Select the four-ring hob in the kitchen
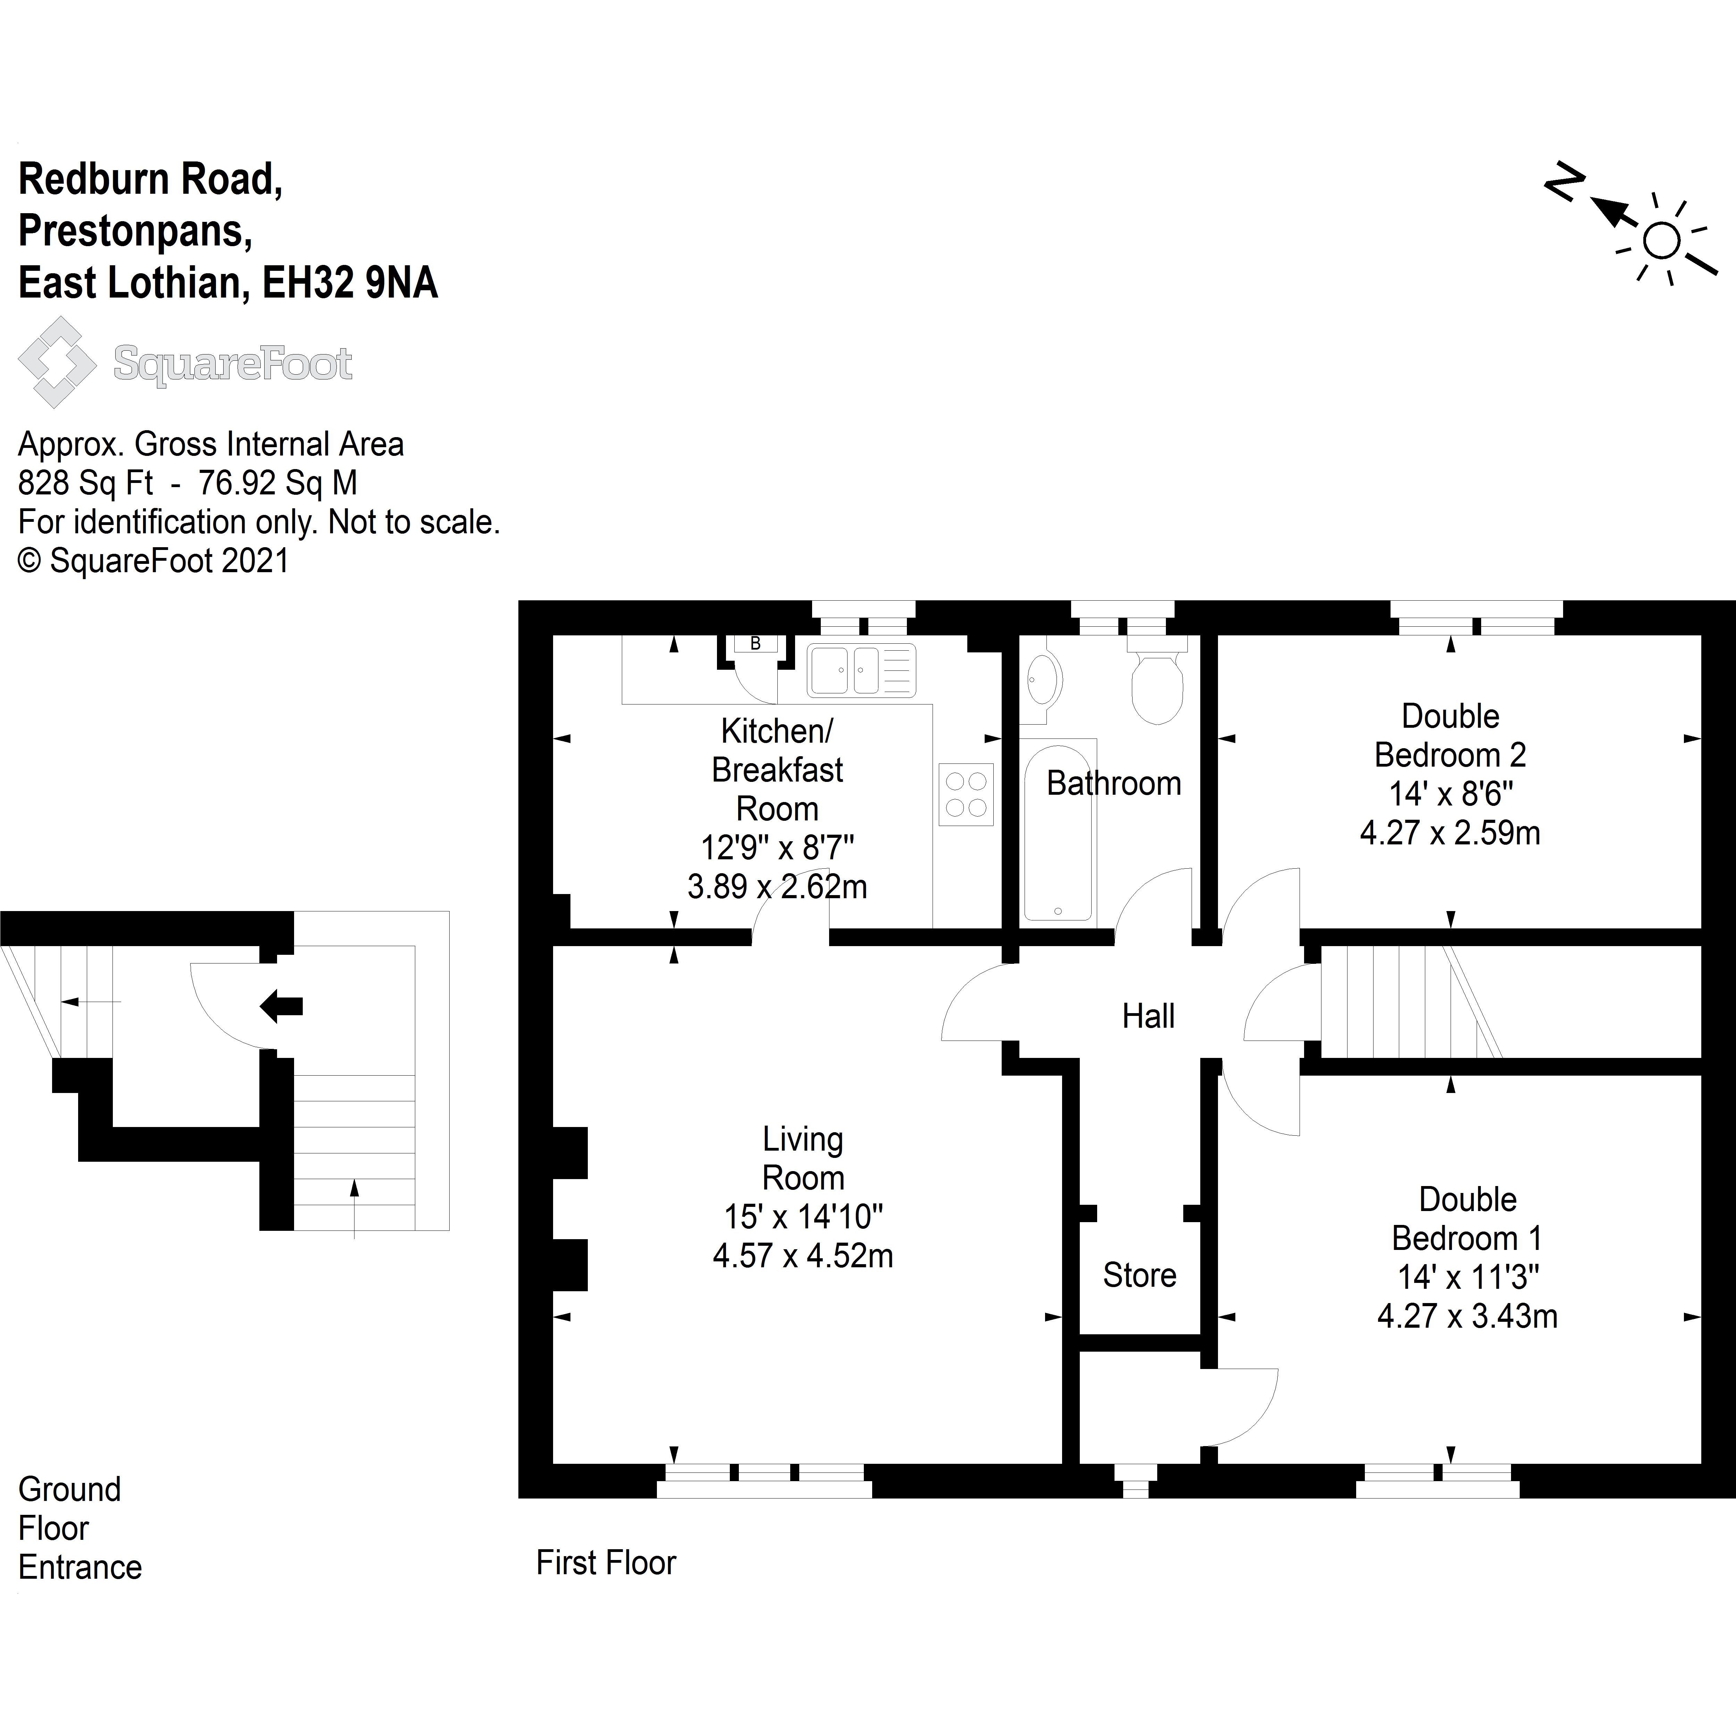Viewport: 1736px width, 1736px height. pos(966,794)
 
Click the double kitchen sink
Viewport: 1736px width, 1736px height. pos(861,670)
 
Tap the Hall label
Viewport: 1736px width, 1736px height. pos(1148,1016)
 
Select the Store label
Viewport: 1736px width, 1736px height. pos(1140,1275)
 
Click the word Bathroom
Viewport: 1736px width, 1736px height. pos(1113,784)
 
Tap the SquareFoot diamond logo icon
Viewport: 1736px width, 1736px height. pos(57,362)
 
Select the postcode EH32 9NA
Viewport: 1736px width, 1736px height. pos(350,283)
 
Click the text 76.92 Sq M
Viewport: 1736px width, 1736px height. pos(278,483)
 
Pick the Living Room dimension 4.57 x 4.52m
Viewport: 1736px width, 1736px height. pos(802,1255)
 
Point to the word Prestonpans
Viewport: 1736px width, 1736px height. pos(135,231)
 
